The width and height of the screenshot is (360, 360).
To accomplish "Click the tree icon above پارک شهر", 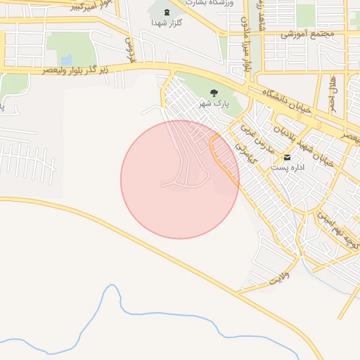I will click(214, 93).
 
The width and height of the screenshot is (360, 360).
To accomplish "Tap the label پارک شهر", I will click(214, 104).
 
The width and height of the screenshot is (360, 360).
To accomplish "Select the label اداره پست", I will click(287, 168).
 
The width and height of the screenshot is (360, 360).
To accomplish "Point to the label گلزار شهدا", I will click(167, 22).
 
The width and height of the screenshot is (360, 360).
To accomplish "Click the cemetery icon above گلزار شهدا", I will click(167, 12).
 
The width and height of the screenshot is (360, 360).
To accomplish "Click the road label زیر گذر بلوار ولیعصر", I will click(70, 70).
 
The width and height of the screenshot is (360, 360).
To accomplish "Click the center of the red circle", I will click(180, 179).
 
